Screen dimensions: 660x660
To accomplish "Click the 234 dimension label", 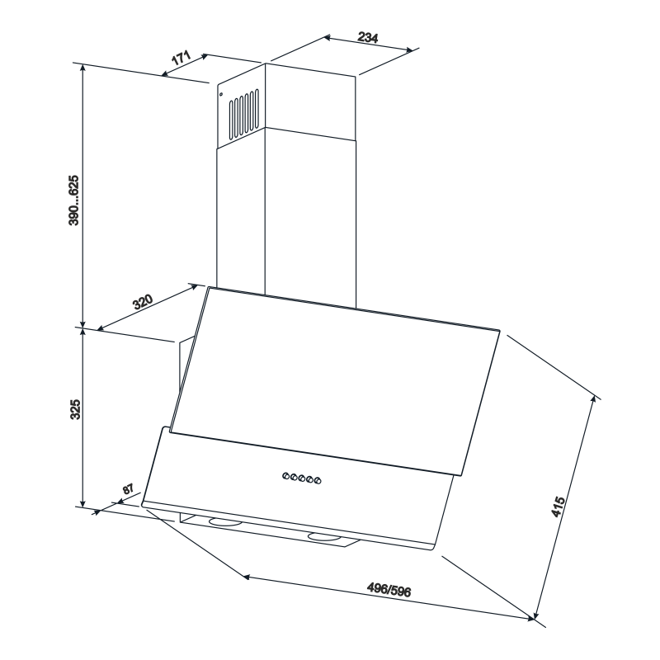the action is (x=368, y=37).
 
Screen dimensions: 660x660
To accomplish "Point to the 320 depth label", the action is (x=142, y=302).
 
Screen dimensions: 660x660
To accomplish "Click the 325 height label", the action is (x=75, y=409).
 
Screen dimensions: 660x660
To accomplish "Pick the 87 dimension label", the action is (x=128, y=489).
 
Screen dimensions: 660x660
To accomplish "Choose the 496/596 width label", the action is (x=389, y=590).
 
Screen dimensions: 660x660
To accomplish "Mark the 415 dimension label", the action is (x=558, y=507).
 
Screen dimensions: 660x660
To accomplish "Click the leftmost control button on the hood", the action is (x=285, y=476).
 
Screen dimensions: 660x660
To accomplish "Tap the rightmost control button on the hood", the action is (x=318, y=480).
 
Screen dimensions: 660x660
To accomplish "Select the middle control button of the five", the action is (x=302, y=478).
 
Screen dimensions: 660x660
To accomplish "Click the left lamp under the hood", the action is (x=225, y=522).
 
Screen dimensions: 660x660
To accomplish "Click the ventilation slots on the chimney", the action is (x=244, y=114).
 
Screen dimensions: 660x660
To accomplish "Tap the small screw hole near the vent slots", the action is (x=221, y=94).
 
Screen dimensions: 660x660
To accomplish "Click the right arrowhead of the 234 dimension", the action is (x=409, y=50).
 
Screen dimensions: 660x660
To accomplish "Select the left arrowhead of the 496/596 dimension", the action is (x=247, y=576).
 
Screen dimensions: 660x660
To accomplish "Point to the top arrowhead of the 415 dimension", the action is (x=594, y=400).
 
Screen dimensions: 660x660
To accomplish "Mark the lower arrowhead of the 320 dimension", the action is (x=101, y=328).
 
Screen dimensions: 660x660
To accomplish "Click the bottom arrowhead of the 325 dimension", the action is (x=83, y=503).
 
